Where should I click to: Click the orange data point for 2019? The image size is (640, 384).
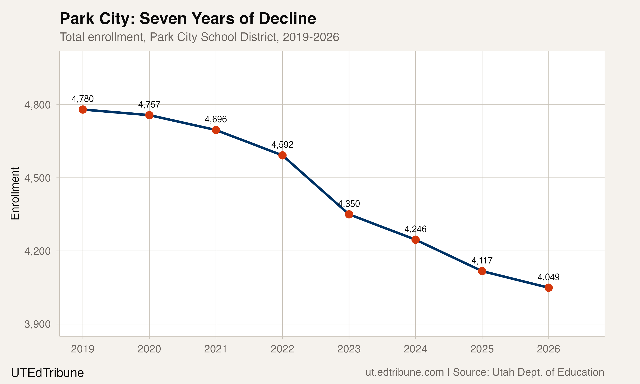(x=83, y=109)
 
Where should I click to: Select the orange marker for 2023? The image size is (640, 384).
(x=349, y=214)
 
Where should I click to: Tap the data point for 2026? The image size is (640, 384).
(x=548, y=288)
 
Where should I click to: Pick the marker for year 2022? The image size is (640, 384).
(x=282, y=155)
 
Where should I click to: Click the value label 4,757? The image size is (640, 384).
(x=149, y=105)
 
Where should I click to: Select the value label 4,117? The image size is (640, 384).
(x=482, y=260)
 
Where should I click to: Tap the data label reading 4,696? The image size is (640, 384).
(x=216, y=119)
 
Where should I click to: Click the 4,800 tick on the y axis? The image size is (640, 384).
(x=37, y=105)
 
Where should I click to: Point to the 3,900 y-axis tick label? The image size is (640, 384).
(x=37, y=324)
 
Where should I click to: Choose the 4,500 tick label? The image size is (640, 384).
(x=37, y=178)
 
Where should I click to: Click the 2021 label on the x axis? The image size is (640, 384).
(x=216, y=349)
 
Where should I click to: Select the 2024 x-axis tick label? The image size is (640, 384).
(x=415, y=349)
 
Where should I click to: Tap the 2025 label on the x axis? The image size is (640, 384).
(x=482, y=349)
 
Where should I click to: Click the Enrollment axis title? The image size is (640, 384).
(x=15, y=193)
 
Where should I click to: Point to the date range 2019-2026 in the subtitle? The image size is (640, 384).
(x=311, y=37)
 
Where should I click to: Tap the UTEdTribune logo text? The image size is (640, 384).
(x=47, y=373)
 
